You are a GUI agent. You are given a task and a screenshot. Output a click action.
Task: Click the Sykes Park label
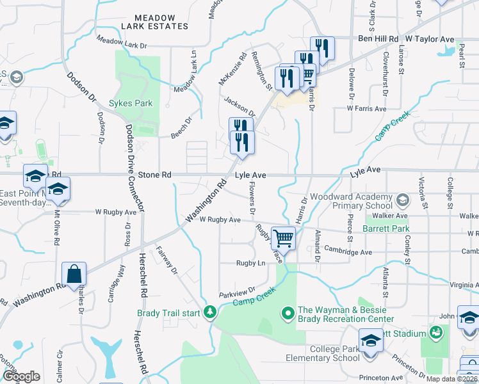(x=130, y=102)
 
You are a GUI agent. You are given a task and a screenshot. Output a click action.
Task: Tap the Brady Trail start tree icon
(x=210, y=313)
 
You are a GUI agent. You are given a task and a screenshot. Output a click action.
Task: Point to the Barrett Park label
(x=386, y=228)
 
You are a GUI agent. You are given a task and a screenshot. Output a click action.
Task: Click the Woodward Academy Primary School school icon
(x=402, y=200)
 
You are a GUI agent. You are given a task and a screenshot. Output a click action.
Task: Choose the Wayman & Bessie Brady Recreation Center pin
(x=288, y=314)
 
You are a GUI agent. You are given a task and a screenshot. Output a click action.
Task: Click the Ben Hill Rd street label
(x=377, y=39)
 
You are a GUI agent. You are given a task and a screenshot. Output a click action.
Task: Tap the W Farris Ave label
(x=366, y=109)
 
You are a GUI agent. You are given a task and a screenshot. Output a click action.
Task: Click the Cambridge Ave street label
(x=348, y=252)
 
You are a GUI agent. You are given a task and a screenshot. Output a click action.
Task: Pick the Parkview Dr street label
(x=237, y=291)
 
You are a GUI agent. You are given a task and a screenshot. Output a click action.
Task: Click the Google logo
(x=21, y=376)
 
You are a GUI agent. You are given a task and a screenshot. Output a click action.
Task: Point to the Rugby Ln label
(x=250, y=263)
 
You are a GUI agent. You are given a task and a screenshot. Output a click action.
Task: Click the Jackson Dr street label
(x=239, y=105)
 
